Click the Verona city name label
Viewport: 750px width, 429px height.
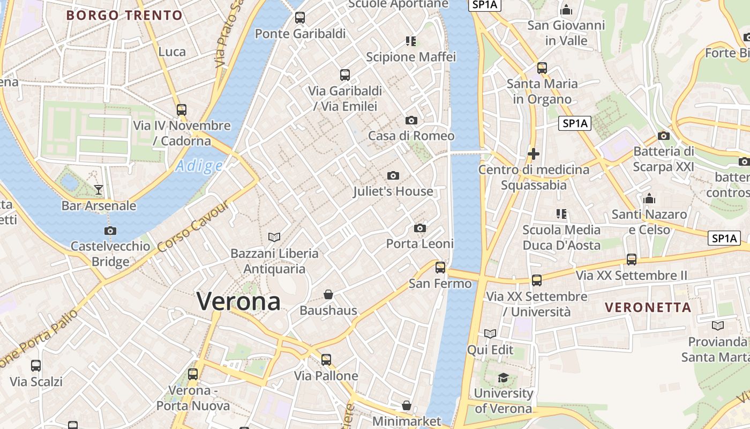[238, 301]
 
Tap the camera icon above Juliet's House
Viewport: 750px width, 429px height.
[393, 175]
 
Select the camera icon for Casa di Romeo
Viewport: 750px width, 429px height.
[411, 120]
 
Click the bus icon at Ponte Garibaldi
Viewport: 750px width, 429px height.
[300, 18]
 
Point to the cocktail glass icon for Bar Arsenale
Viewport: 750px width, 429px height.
[99, 189]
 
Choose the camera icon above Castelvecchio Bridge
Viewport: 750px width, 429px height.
[110, 231]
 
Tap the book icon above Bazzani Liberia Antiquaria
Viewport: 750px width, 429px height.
[274, 237]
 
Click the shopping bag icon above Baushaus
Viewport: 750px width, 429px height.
[328, 294]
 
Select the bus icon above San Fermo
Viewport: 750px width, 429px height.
[440, 267]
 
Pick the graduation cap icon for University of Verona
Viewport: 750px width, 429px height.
[503, 378]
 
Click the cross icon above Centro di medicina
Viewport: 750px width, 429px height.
[534, 154]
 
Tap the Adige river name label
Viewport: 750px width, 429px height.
[199, 166]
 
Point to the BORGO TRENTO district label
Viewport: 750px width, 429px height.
[124, 16]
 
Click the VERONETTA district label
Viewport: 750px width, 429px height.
[648, 308]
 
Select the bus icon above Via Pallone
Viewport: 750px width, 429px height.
[326, 360]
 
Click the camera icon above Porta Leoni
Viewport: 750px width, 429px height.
[420, 228]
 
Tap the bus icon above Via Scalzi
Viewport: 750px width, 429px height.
[36, 366]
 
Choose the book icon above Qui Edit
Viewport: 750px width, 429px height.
[490, 334]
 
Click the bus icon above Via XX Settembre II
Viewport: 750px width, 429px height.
[632, 260]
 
